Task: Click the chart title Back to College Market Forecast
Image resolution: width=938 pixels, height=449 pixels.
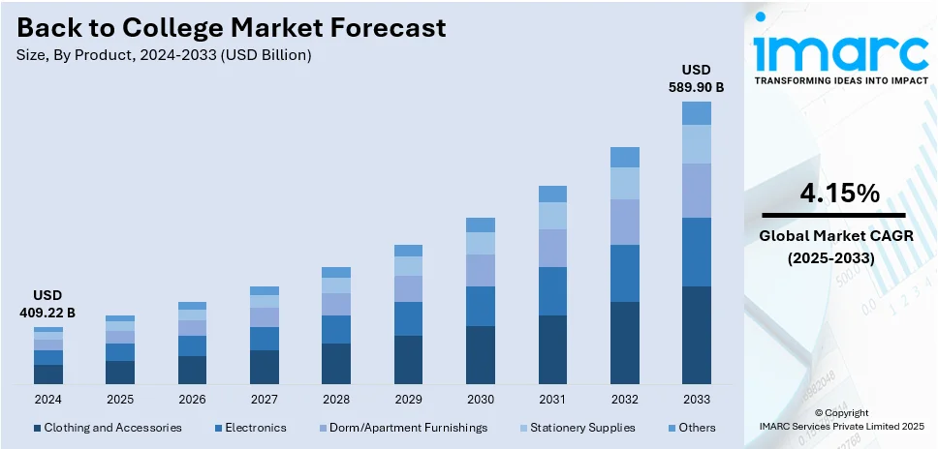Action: [233, 27]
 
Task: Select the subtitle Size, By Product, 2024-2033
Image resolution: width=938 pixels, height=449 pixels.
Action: [164, 55]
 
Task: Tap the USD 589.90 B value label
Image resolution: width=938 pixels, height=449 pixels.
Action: [696, 78]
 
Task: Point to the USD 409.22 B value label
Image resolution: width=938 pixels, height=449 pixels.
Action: [47, 304]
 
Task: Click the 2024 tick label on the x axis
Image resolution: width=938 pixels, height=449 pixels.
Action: [47, 399]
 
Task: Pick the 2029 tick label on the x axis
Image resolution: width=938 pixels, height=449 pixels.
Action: [408, 399]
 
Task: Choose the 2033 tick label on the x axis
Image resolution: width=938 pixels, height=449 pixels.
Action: [696, 399]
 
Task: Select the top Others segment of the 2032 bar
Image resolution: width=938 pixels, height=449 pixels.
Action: [624, 157]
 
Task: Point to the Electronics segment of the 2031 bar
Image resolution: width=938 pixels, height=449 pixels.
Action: [552, 291]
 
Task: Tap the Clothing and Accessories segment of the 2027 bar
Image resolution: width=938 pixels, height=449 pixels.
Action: [265, 367]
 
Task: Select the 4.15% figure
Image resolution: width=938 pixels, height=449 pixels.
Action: [839, 194]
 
